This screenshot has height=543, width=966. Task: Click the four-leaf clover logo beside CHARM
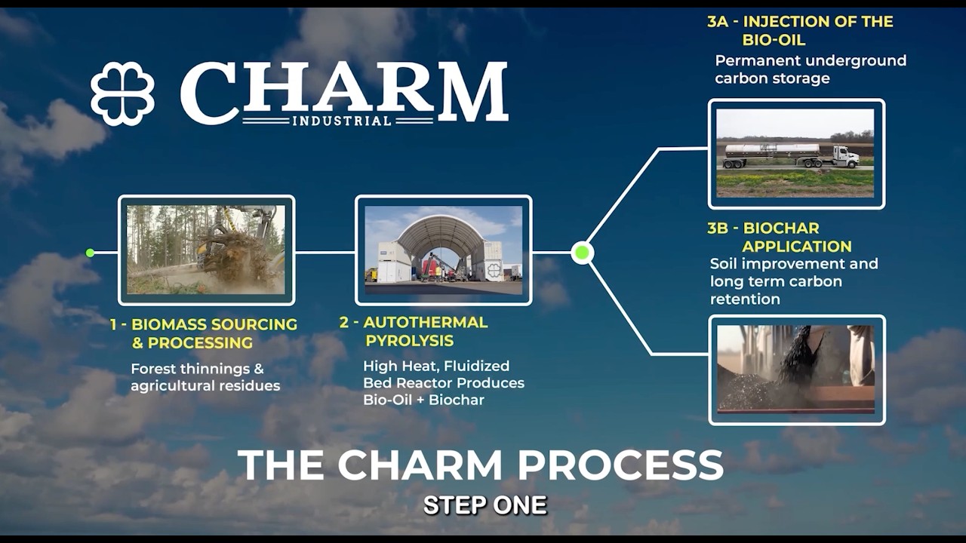[x=122, y=94]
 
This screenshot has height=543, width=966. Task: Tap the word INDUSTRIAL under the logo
[x=342, y=121]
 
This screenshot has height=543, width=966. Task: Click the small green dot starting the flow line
[x=90, y=253]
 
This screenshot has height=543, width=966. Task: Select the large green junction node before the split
[x=582, y=253]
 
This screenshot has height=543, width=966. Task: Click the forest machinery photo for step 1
[x=206, y=250]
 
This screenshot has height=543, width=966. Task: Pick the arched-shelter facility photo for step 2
[x=443, y=250]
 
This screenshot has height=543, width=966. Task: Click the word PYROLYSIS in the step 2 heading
[x=409, y=341]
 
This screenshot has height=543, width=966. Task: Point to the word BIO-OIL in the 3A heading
[x=774, y=40]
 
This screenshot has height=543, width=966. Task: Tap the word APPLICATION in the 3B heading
[x=796, y=247]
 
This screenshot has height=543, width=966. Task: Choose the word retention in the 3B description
[x=745, y=299]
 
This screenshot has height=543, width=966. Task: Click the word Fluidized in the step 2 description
[x=476, y=366]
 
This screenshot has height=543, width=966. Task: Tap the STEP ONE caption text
[x=485, y=505]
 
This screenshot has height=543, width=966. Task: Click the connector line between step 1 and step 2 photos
[x=325, y=253]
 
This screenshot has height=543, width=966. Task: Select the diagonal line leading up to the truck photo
[x=623, y=196]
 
